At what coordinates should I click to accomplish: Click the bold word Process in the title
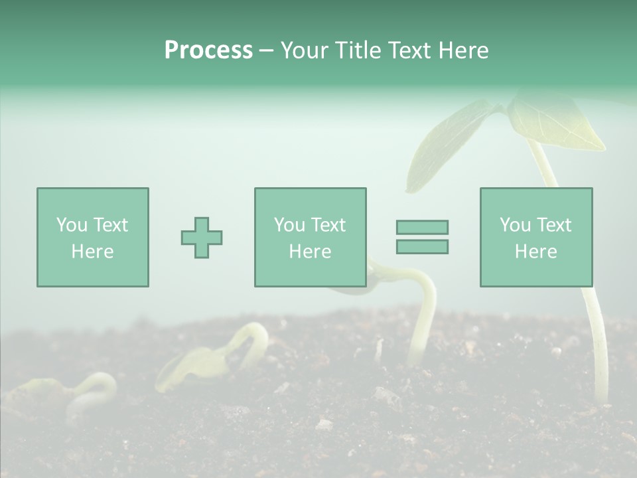tap(208, 50)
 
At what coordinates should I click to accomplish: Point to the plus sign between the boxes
tap(202, 238)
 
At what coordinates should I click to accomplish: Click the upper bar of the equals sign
tap(422, 227)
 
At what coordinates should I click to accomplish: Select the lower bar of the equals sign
tap(422, 247)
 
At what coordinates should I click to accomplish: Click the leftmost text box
tap(92, 237)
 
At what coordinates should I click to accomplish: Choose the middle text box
tap(310, 237)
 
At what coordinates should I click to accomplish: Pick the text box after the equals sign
tap(535, 237)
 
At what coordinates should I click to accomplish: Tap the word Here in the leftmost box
tap(92, 252)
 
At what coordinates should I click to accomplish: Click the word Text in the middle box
tap(329, 225)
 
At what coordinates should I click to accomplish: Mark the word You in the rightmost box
tap(515, 225)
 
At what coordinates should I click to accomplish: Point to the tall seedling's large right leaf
tap(561, 126)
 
